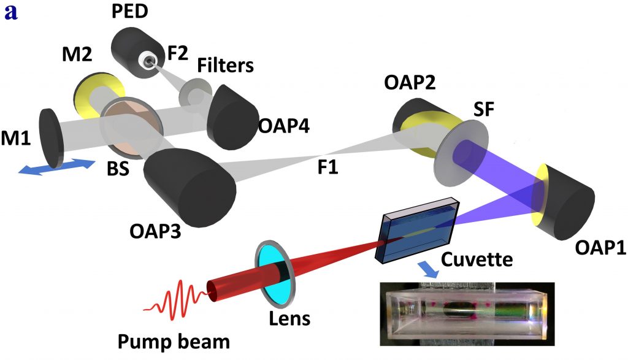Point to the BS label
click(116, 169)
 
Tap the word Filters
click(225, 65)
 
